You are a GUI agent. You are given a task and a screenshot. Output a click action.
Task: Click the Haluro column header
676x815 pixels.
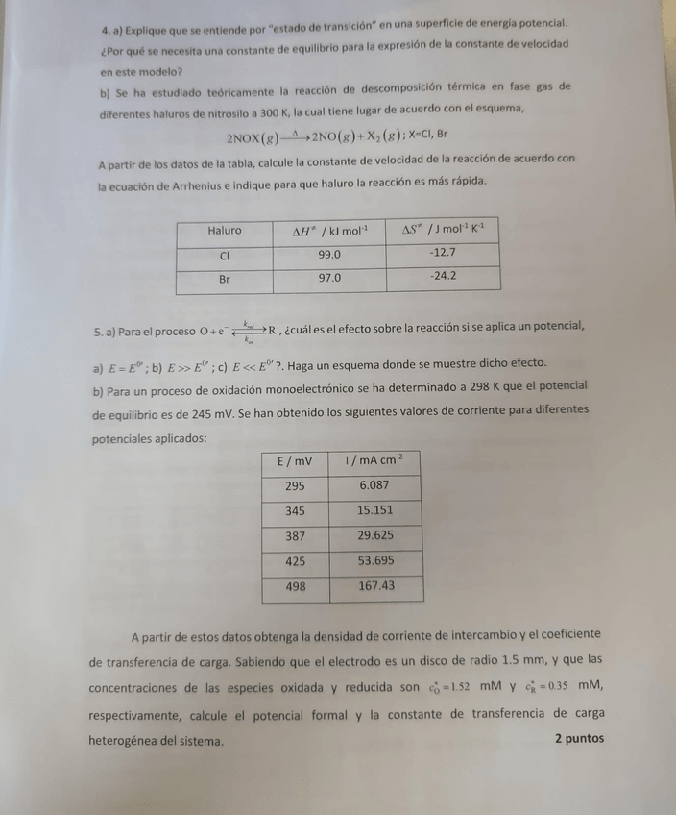[x=225, y=231]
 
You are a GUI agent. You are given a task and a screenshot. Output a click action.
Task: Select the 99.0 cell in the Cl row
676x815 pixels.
[x=329, y=256]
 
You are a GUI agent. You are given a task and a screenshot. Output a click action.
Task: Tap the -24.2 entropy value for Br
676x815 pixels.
[x=443, y=276]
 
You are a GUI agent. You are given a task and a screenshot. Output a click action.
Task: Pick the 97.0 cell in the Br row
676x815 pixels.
[x=329, y=278]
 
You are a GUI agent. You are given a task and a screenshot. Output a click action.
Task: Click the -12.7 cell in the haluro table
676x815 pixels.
[x=443, y=253]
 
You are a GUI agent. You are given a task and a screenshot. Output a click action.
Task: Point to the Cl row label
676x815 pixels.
[x=225, y=257]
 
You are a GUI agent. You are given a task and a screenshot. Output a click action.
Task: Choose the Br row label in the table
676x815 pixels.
[x=225, y=279]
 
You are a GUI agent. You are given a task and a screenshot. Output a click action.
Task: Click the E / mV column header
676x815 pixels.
[x=294, y=461]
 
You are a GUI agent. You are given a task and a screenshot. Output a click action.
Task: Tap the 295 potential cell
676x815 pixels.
[x=294, y=486]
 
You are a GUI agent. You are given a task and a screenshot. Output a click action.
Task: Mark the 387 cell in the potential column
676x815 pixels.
[x=294, y=536]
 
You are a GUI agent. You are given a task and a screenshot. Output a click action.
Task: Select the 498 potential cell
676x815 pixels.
[x=295, y=586]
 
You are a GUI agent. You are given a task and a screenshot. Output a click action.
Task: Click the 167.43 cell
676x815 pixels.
[x=376, y=586]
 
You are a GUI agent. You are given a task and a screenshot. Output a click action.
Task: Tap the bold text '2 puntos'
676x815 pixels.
[x=579, y=739]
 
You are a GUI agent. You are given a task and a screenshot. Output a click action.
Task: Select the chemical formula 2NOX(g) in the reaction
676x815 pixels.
[x=253, y=137]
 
